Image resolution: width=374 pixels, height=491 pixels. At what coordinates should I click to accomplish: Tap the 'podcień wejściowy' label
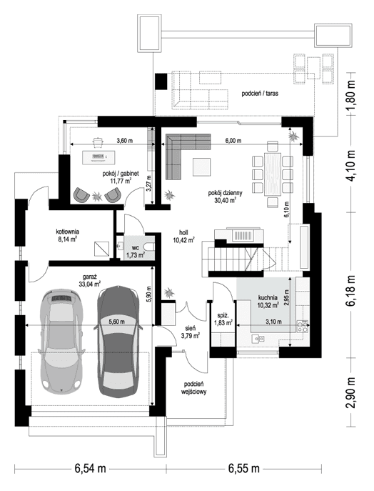(x=194, y=387)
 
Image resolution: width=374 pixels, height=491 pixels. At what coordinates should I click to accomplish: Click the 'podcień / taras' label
(x=260, y=94)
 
